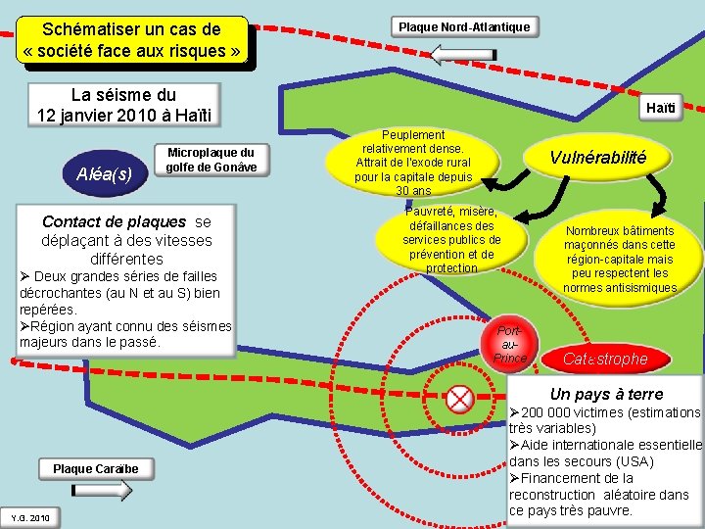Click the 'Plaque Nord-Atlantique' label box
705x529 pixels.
465,26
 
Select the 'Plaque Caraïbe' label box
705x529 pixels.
96,469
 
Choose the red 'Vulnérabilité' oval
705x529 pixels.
597,158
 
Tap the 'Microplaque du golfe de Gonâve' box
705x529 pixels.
211,160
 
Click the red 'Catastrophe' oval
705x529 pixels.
604,360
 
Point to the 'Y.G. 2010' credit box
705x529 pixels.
30,517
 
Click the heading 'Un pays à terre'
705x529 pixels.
606,394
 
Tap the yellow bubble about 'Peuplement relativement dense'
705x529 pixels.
413,162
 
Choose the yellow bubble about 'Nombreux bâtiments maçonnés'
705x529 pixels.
619,259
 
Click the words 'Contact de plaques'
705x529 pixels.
114,221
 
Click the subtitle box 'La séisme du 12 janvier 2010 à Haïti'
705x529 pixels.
124,105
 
